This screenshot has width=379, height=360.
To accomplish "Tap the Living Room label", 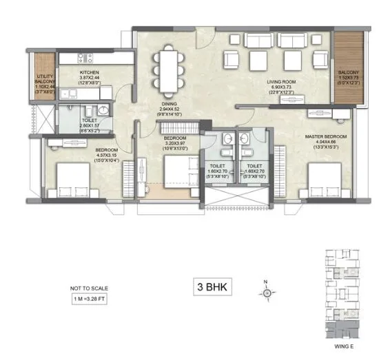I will [x=282, y=81].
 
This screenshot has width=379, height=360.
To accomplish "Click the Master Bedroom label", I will [x=325, y=137].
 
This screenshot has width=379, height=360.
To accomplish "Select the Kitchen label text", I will [x=90, y=72].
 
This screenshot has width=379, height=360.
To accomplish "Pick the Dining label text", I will [x=170, y=104].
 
